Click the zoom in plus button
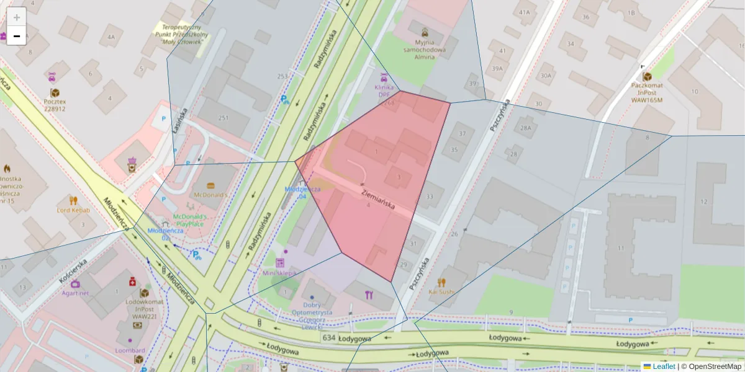[x=17, y=17]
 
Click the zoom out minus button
[x=17, y=36]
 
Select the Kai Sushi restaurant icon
[x=441, y=282]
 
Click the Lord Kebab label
[x=73, y=210]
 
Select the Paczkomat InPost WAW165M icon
[x=647, y=76]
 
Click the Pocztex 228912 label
[x=55, y=104]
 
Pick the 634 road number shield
[x=330, y=337]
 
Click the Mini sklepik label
[x=279, y=273]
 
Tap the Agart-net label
[x=75, y=293]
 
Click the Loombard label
[x=130, y=350]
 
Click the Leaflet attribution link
[x=663, y=366]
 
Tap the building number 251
[x=223, y=117]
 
